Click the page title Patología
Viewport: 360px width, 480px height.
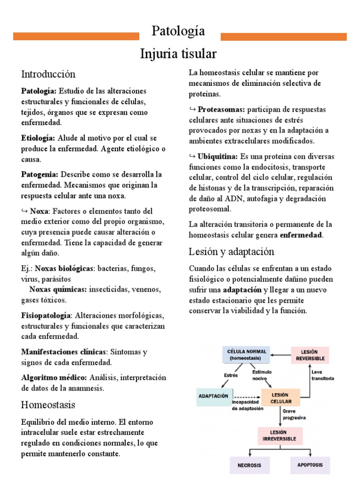(179, 31)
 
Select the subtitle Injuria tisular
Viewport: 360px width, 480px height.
(179, 54)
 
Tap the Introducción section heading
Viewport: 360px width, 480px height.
(48, 74)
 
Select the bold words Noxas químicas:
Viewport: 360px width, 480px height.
(58, 289)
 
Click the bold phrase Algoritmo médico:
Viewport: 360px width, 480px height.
(54, 377)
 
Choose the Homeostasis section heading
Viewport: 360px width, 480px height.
(48, 405)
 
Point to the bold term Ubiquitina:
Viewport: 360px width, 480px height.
(217, 156)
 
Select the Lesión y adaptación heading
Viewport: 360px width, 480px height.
(231, 252)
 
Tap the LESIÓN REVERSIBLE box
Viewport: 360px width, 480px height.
(310, 355)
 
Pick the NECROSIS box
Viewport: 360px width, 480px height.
(249, 465)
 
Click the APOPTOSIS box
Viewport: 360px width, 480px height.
(310, 465)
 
